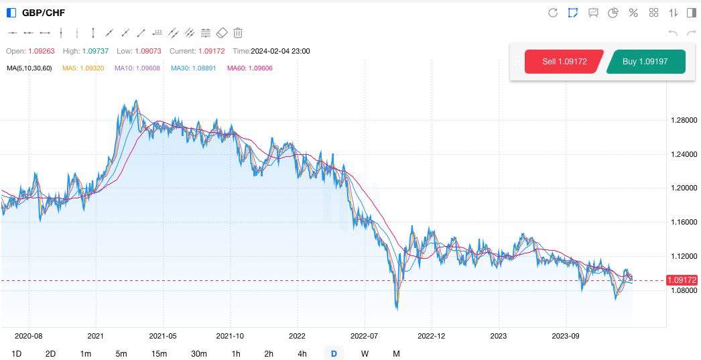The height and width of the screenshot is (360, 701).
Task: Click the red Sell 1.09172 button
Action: (x=564, y=61)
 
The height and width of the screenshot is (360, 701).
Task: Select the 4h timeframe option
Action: (x=302, y=353)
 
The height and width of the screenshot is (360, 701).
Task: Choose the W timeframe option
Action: (x=365, y=353)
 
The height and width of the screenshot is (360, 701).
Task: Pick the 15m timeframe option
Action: (x=159, y=353)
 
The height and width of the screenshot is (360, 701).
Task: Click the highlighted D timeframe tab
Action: (x=334, y=353)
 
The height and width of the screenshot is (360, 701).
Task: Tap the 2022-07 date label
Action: (x=365, y=335)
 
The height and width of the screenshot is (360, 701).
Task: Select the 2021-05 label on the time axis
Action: (x=163, y=335)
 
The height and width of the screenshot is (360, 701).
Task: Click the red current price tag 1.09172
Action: (x=683, y=280)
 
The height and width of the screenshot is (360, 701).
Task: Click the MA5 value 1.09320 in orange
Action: (x=83, y=68)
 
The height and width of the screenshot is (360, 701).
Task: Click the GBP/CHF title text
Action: (x=44, y=13)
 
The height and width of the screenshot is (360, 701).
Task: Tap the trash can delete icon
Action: (x=238, y=32)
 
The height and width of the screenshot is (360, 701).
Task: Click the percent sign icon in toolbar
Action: (x=633, y=13)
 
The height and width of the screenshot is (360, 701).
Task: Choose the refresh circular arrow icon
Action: (x=553, y=13)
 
